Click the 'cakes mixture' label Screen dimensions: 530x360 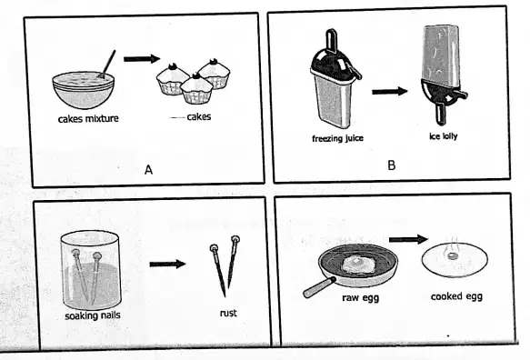[x=88, y=119]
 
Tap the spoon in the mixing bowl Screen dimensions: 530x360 [x=107, y=65]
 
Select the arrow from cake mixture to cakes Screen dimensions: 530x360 [x=142, y=59]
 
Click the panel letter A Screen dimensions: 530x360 [x=148, y=170]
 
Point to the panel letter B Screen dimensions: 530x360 [x=392, y=165]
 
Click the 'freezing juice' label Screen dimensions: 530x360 [x=337, y=138]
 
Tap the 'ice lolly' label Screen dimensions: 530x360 [x=444, y=136]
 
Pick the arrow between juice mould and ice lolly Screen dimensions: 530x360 [x=390, y=91]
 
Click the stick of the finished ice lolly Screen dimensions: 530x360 [x=440, y=114]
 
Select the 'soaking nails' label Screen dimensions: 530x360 [x=93, y=315]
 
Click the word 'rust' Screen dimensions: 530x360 [x=228, y=313]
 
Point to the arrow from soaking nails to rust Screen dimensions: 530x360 [x=167, y=264]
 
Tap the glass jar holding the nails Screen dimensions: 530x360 [x=91, y=269]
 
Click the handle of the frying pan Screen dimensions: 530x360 [x=319, y=287]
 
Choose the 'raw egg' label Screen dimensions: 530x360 [x=360, y=298]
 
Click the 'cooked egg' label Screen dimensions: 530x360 [x=456, y=296]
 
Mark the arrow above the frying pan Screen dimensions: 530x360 [x=408, y=239]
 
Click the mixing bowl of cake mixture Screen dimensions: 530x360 [x=83, y=90]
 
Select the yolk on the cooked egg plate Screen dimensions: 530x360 [x=451, y=256]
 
